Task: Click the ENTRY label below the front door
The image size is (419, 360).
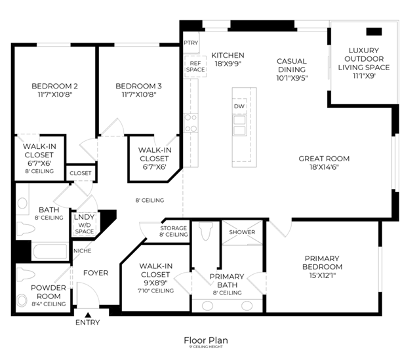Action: tap(88, 322)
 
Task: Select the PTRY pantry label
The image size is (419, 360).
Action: tap(191, 43)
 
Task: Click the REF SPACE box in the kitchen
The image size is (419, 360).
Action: tap(195, 66)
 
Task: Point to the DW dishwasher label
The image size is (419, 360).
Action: tap(239, 106)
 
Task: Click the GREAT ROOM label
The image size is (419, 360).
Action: tap(323, 162)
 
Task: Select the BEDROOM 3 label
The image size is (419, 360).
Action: tap(138, 90)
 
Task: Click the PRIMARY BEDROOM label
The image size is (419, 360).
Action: tap(322, 262)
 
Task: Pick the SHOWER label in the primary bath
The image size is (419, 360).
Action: tap(241, 232)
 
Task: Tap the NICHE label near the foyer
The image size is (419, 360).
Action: tap(83, 250)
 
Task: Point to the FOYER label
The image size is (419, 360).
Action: tap(95, 273)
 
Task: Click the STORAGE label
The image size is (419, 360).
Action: tap(174, 231)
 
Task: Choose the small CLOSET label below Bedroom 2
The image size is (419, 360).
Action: tap(81, 173)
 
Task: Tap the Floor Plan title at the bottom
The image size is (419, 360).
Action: tap(206, 340)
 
